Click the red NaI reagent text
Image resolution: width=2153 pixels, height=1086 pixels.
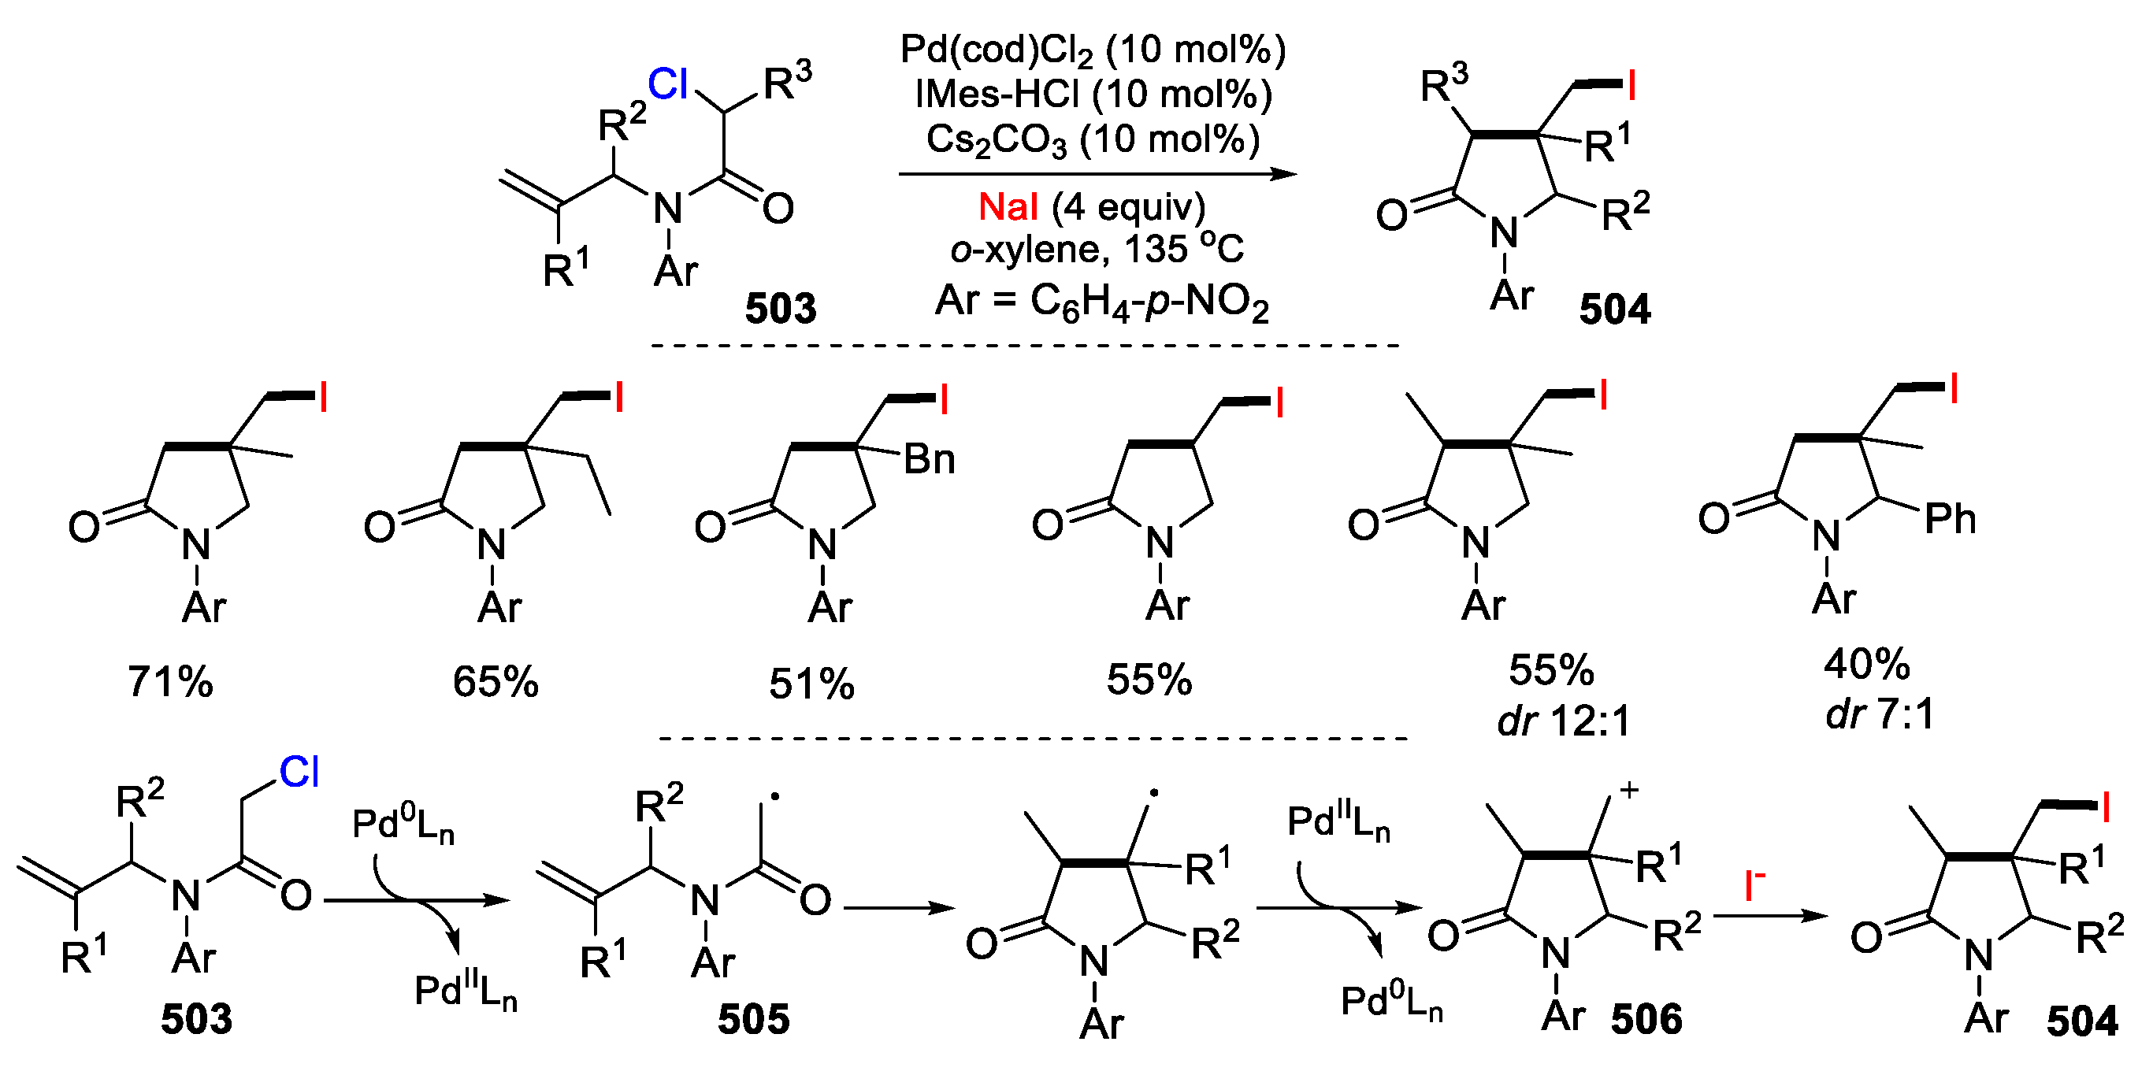pyautogui.click(x=1008, y=207)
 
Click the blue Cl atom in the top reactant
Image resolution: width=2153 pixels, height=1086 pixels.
pyautogui.click(x=668, y=84)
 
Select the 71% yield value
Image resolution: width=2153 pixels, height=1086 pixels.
pyautogui.click(x=170, y=682)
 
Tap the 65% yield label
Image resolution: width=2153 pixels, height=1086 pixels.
pyautogui.click(x=496, y=682)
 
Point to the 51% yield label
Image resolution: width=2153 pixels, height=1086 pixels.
pyautogui.click(x=811, y=684)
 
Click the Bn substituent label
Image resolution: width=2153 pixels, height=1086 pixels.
pyautogui.click(x=930, y=459)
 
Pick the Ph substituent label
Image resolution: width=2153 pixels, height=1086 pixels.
pyautogui.click(x=1950, y=520)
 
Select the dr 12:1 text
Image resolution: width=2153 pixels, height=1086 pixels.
pyautogui.click(x=1564, y=720)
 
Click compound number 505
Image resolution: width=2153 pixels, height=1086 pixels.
pyautogui.click(x=753, y=1019)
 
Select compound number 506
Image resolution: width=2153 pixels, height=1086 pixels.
pyautogui.click(x=1646, y=1019)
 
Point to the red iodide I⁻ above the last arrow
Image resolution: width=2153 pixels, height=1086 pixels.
pyautogui.click(x=1754, y=885)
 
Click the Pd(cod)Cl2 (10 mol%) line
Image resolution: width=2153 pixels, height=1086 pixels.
pyautogui.click(x=1093, y=50)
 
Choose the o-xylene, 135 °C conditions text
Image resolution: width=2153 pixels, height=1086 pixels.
pyautogui.click(x=1097, y=249)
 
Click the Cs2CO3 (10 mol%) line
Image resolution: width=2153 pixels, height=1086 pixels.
pyautogui.click(x=1093, y=139)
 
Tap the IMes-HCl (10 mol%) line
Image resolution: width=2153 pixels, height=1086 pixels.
pyautogui.click(x=1093, y=94)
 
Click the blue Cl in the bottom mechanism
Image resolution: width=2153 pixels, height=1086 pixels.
pyautogui.click(x=299, y=772)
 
